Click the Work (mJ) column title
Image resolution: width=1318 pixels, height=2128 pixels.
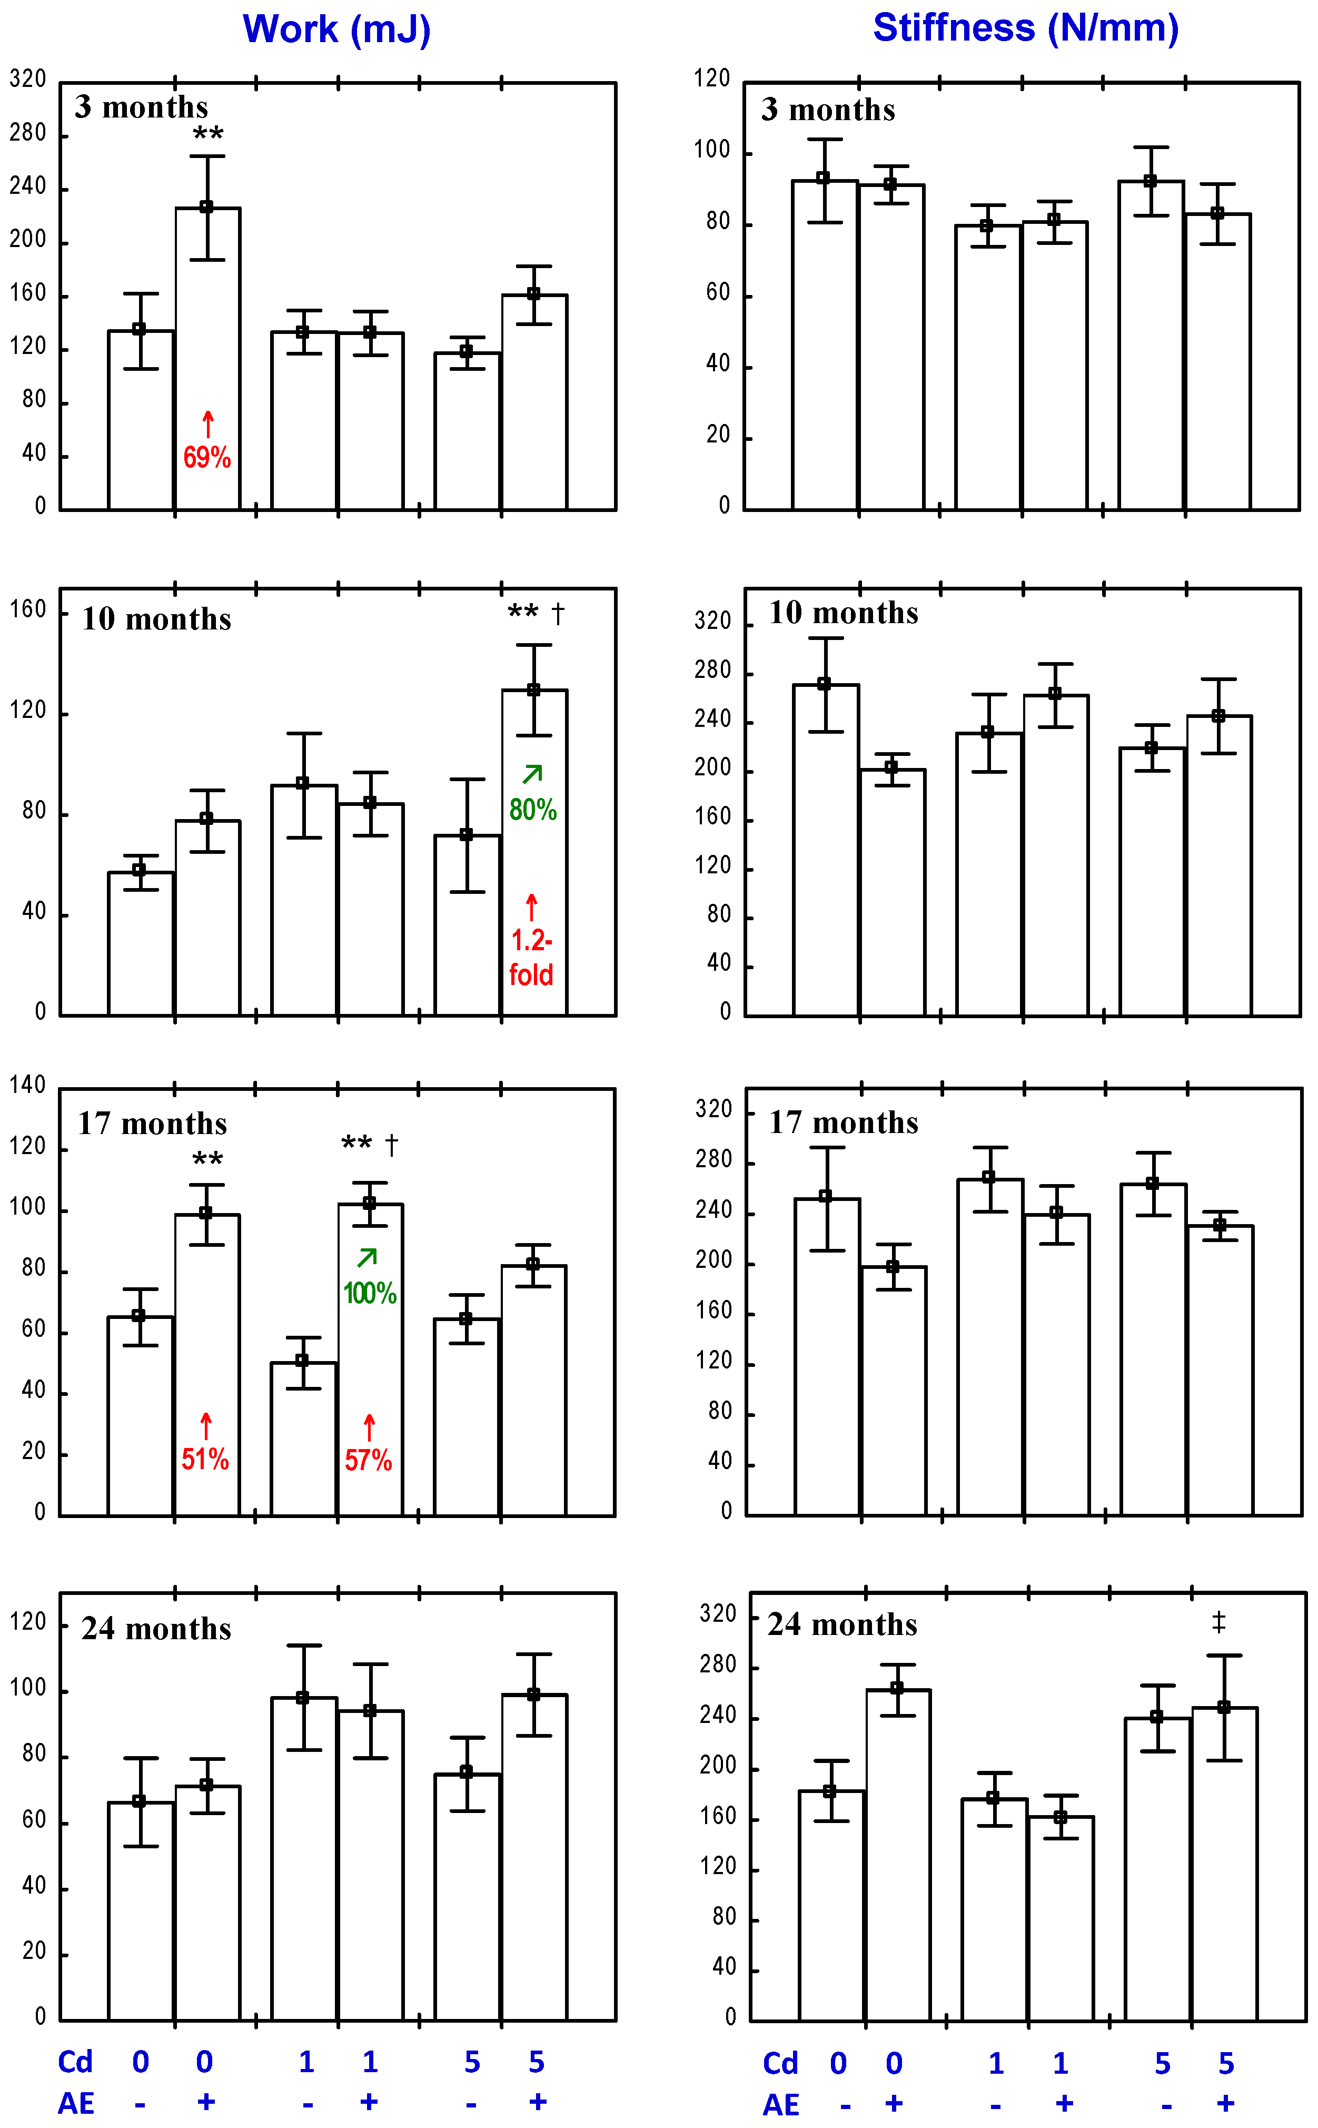[x=336, y=29]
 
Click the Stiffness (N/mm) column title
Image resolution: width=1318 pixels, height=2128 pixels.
[x=1025, y=28]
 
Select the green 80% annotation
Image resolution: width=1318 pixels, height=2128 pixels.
[x=532, y=810]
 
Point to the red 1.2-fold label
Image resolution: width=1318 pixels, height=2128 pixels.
[x=531, y=957]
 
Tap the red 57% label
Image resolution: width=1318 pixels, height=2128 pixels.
[x=368, y=1460]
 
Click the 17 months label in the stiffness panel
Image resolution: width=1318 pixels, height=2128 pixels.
[x=843, y=1123]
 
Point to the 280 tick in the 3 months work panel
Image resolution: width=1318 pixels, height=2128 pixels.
[x=28, y=133]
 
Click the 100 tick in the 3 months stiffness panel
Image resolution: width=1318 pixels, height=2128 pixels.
[x=711, y=151]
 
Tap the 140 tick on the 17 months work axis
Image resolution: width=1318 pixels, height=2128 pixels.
[x=28, y=1086]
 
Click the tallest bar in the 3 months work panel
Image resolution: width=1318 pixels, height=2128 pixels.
[x=207, y=358]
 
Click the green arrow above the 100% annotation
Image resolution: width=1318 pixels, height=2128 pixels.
[x=367, y=1258]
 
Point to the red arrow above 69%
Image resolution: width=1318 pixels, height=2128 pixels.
[x=207, y=425]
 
